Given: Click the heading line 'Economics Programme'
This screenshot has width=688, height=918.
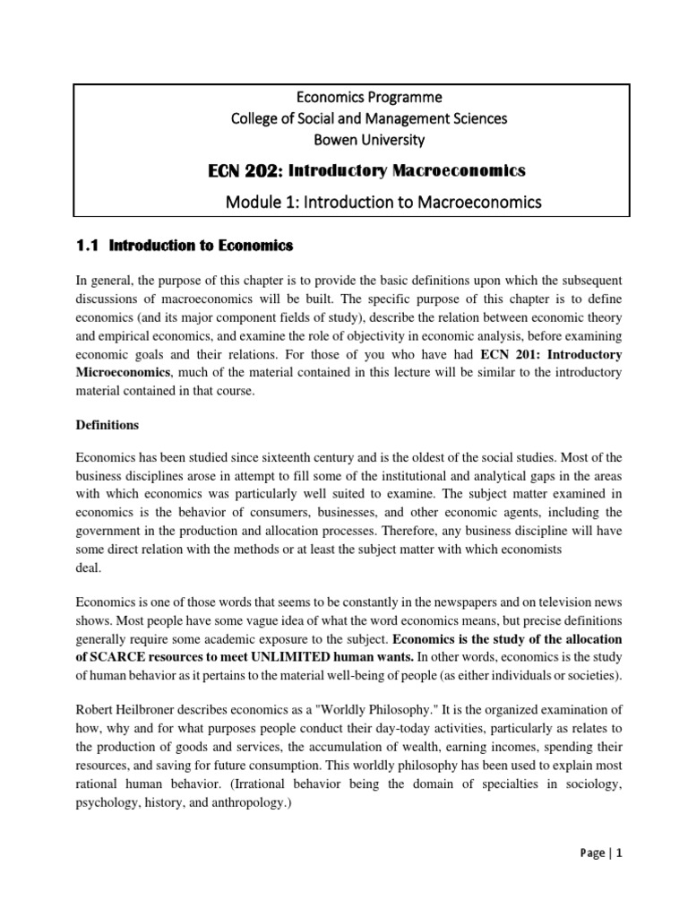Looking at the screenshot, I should (345, 96).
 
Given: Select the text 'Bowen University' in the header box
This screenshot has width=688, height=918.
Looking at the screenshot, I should (345, 140).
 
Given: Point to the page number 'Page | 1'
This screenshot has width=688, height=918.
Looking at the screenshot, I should (594, 879).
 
